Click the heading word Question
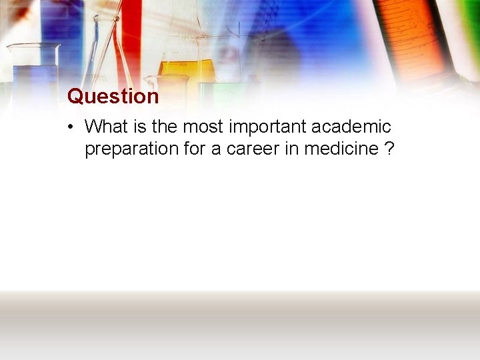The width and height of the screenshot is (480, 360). coord(113,97)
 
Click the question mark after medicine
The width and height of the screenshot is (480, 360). coord(389,149)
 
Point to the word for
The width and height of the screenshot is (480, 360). coord(194,149)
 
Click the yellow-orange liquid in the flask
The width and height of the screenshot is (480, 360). coord(186,68)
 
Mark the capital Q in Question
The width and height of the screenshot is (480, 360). coord(75,97)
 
